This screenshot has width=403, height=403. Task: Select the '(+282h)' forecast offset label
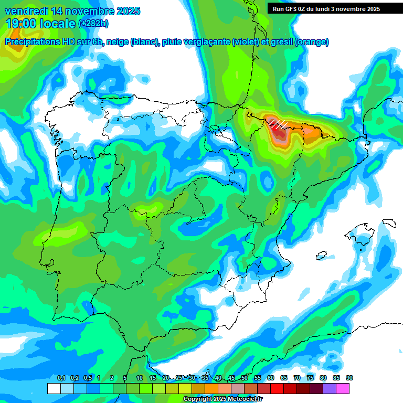93,24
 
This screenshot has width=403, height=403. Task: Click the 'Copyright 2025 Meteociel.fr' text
222,399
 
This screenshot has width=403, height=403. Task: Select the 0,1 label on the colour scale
61,378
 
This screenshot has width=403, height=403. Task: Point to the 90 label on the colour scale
349,378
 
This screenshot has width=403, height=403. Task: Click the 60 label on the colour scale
271,378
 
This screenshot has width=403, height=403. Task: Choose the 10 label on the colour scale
140,378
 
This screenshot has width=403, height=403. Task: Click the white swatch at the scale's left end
54,388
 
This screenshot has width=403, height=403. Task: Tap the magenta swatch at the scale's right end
343,388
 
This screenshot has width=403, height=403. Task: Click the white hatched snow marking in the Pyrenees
278,123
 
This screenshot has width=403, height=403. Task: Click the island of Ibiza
321,256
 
